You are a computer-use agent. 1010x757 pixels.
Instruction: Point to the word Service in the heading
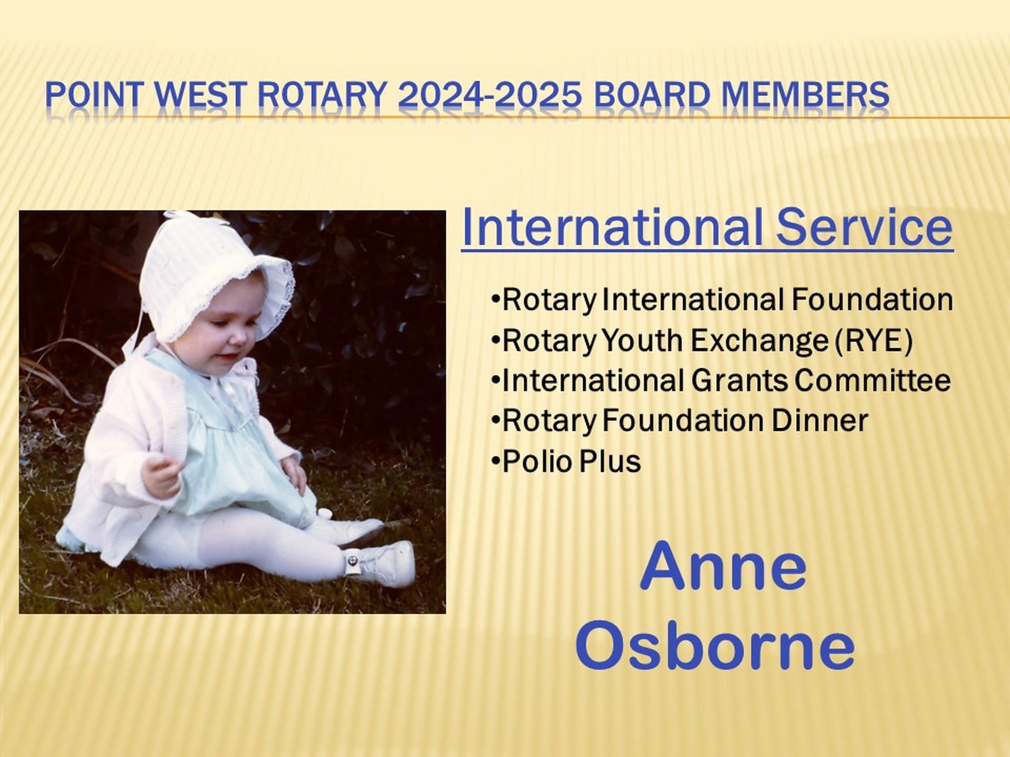click(x=864, y=227)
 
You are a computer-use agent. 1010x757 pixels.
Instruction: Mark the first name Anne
click(x=723, y=567)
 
